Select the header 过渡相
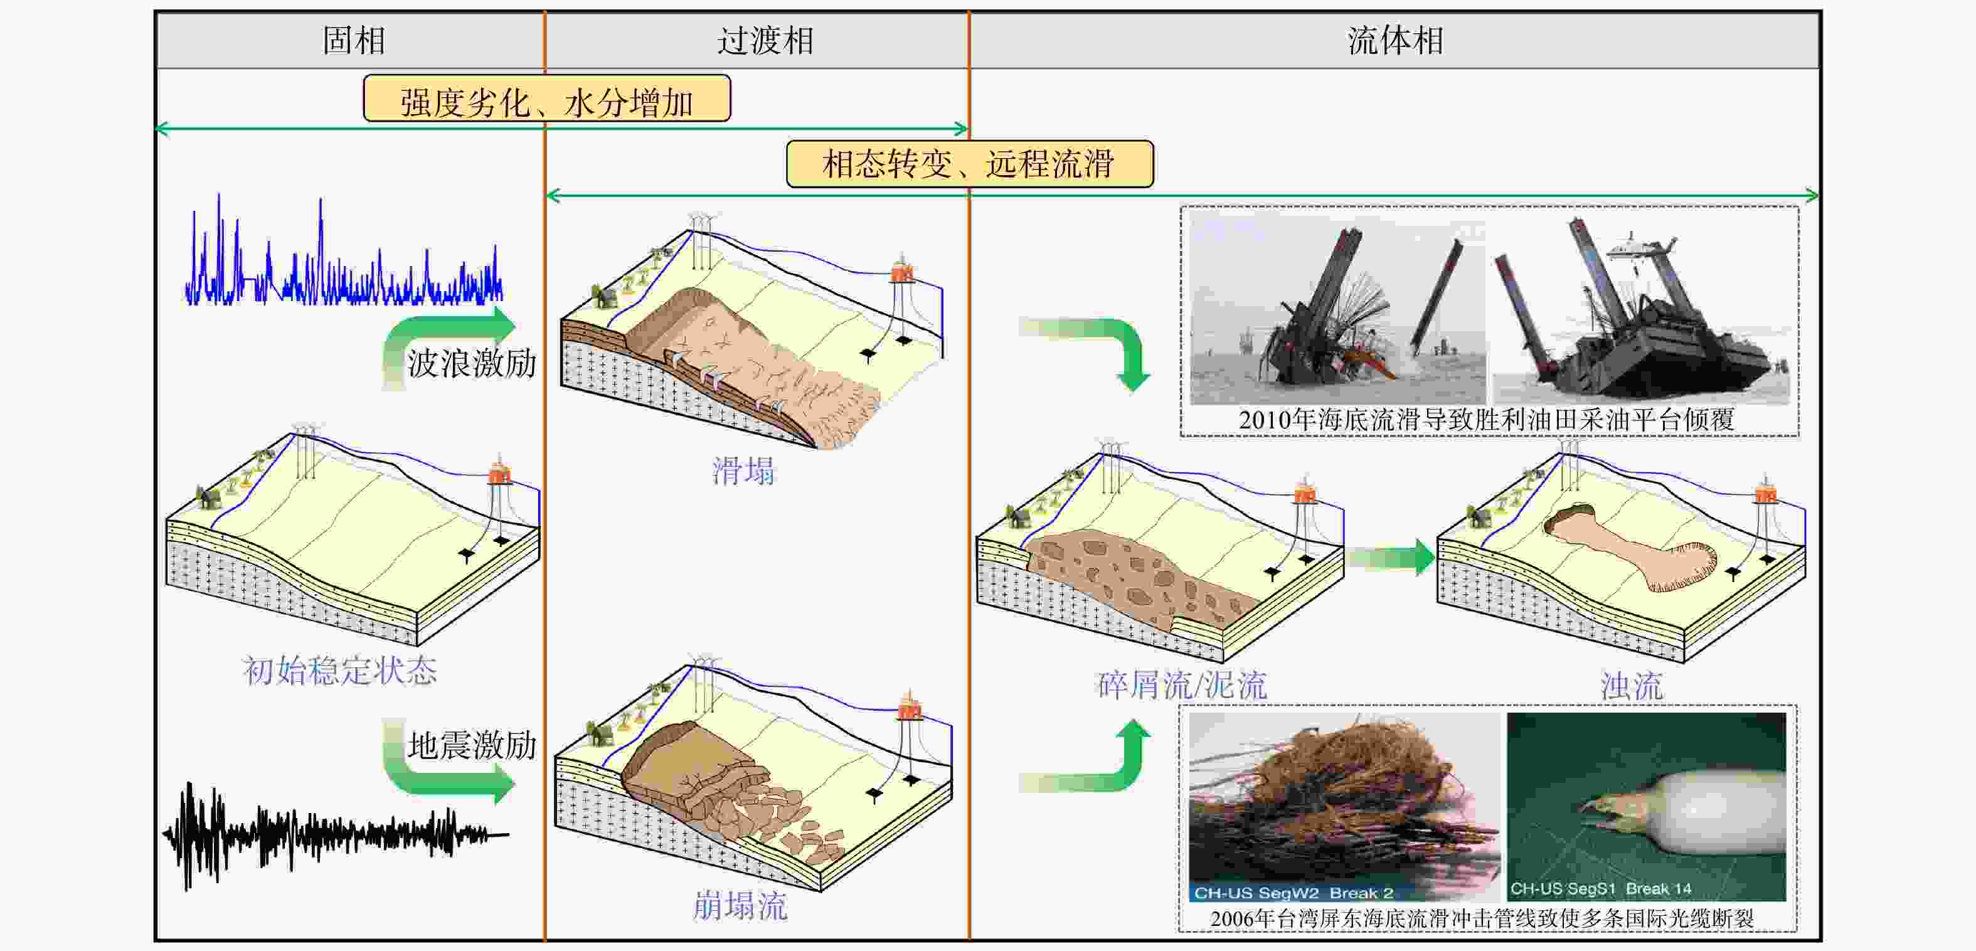765,41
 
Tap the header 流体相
1395,41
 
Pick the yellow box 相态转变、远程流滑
970,163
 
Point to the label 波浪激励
472,363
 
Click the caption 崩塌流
740,906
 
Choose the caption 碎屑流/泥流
1182,685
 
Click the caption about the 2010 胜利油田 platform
1487,420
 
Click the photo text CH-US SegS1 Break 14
1601,889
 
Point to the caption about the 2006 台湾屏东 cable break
1482,918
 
